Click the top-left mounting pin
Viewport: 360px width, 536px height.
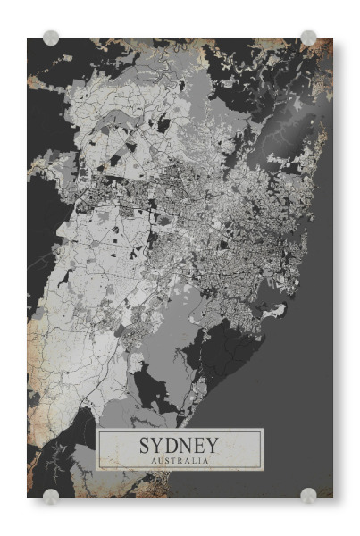[51, 38]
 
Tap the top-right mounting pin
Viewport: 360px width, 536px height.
[308, 38]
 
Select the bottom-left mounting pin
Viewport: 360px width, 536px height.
[51, 496]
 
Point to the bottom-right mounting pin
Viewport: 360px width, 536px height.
[308, 496]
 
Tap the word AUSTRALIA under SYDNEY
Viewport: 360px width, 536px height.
[180, 461]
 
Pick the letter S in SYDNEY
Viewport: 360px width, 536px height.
[145, 445]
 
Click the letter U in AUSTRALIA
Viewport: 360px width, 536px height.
[161, 461]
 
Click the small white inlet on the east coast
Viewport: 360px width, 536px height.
[279, 312]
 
